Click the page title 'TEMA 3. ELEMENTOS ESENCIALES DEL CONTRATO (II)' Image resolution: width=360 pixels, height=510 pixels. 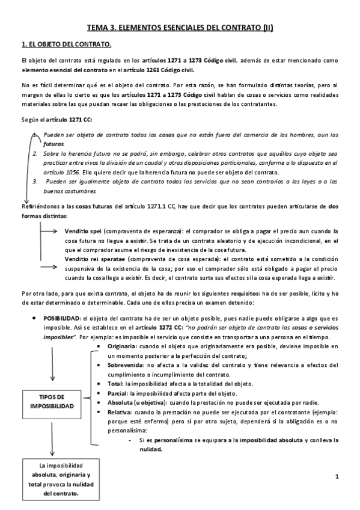point(180,27)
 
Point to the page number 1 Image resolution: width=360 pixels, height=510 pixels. point(337,477)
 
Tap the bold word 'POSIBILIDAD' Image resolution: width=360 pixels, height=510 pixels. point(63,318)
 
